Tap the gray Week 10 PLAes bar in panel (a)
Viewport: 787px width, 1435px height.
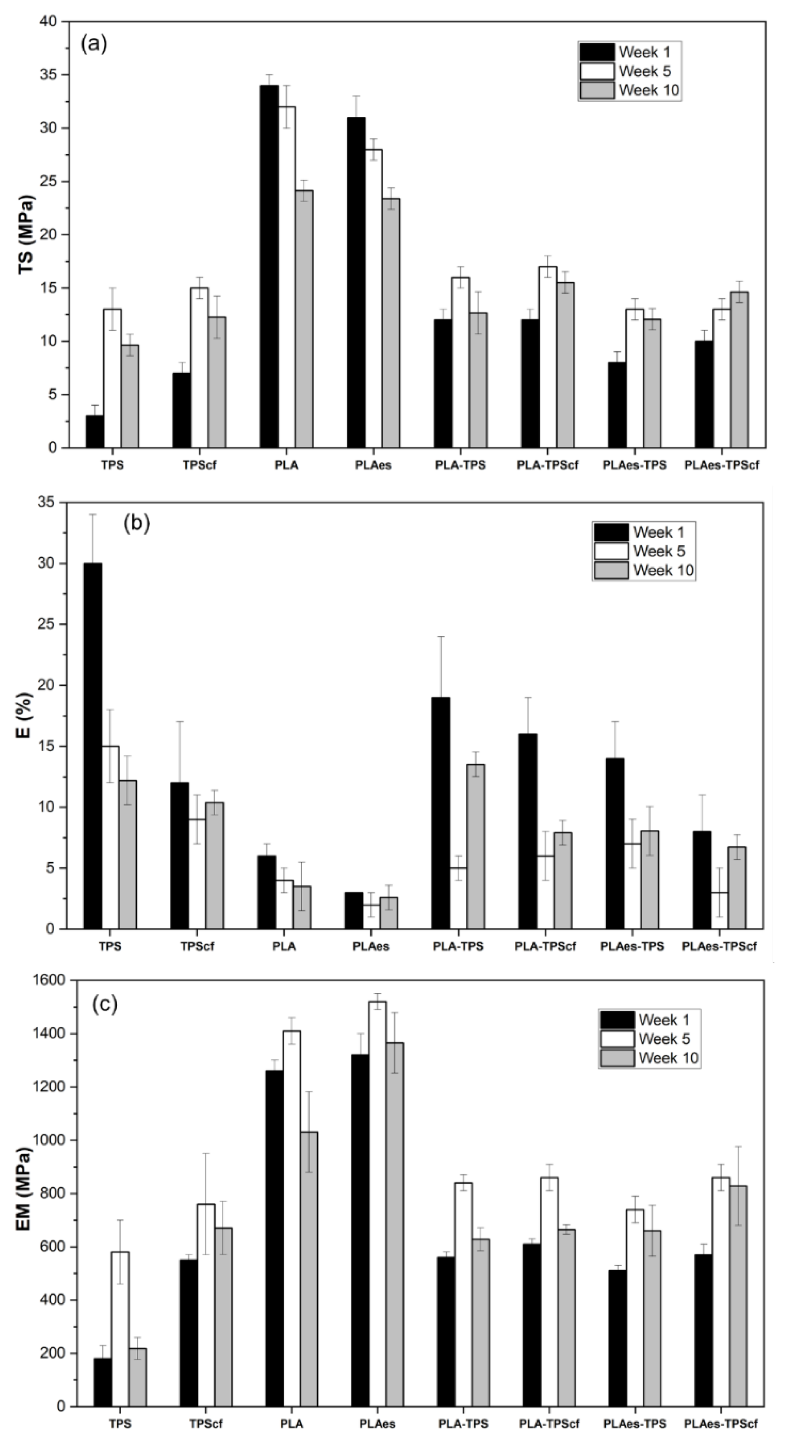coord(390,323)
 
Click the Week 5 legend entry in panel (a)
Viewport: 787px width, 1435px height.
coord(629,71)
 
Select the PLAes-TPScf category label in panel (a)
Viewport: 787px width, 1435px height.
coord(721,465)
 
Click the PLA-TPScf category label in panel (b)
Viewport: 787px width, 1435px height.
coord(545,946)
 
